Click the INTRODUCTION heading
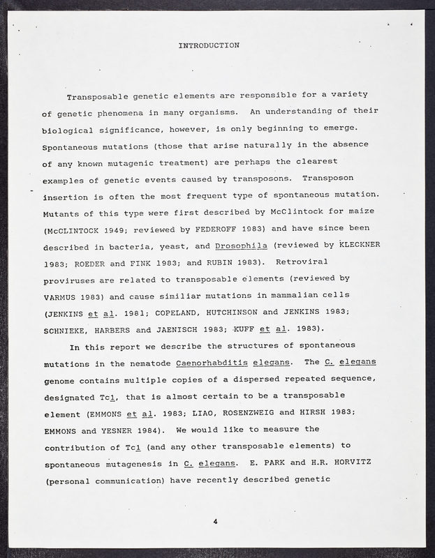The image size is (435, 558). click(209, 46)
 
